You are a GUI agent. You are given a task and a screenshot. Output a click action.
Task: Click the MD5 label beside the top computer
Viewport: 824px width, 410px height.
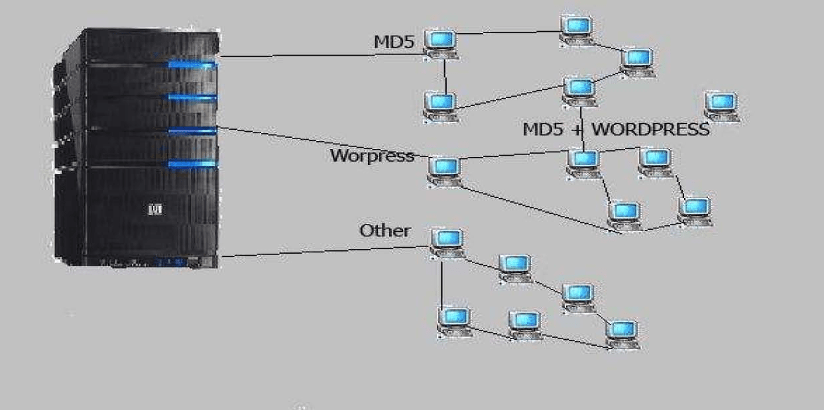(x=394, y=42)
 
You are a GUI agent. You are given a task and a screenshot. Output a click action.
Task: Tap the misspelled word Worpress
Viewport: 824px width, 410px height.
(x=371, y=156)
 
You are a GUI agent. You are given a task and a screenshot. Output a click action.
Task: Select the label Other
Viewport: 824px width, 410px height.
(x=384, y=231)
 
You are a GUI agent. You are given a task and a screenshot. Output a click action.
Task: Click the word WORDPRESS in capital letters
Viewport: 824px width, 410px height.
(x=650, y=129)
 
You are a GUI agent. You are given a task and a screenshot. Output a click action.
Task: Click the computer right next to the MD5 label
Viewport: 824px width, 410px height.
(x=441, y=42)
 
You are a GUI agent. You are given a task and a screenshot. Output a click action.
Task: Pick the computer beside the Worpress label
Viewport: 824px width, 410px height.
(x=445, y=171)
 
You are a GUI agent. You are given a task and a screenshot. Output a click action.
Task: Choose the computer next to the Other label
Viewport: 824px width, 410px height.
(x=447, y=241)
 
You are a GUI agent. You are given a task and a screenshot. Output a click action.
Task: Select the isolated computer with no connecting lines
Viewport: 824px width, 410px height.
(x=722, y=106)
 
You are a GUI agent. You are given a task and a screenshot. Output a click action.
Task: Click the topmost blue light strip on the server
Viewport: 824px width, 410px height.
(x=192, y=65)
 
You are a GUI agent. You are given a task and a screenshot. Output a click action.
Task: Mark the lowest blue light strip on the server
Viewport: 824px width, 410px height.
(x=192, y=164)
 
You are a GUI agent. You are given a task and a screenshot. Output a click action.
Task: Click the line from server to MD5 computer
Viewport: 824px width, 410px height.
(x=318, y=56)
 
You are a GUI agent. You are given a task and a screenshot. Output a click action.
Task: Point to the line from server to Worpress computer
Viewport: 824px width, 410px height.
(x=318, y=142)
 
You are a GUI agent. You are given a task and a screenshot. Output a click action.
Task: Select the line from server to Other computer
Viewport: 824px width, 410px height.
(x=318, y=251)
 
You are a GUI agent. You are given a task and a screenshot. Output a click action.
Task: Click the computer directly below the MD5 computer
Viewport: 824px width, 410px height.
(x=441, y=105)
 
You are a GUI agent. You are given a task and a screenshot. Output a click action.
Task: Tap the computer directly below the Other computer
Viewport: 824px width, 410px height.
(x=455, y=321)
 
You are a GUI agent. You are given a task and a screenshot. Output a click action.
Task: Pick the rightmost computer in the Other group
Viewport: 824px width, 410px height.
(x=622, y=333)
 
